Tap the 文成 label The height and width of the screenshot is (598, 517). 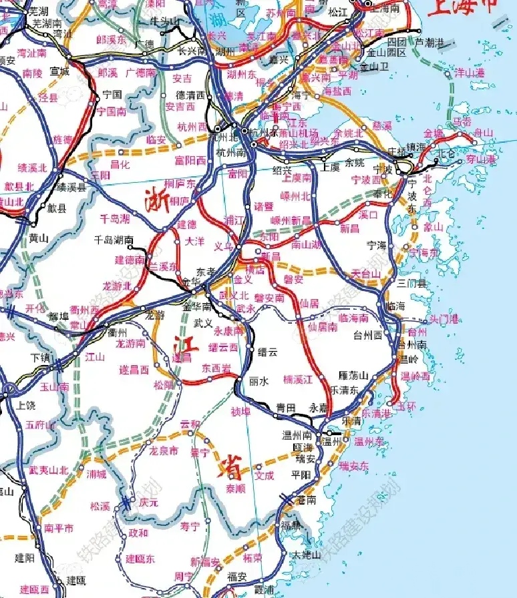[265, 476]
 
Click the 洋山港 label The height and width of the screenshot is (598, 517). [468, 72]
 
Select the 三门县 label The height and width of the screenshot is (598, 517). [411, 283]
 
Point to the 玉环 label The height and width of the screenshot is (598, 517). [406, 405]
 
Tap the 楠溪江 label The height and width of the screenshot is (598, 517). [299, 379]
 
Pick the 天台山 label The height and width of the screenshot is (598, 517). [365, 274]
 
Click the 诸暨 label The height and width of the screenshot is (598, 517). [264, 206]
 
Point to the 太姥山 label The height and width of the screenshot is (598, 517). [307, 554]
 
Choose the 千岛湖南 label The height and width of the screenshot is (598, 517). [114, 240]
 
